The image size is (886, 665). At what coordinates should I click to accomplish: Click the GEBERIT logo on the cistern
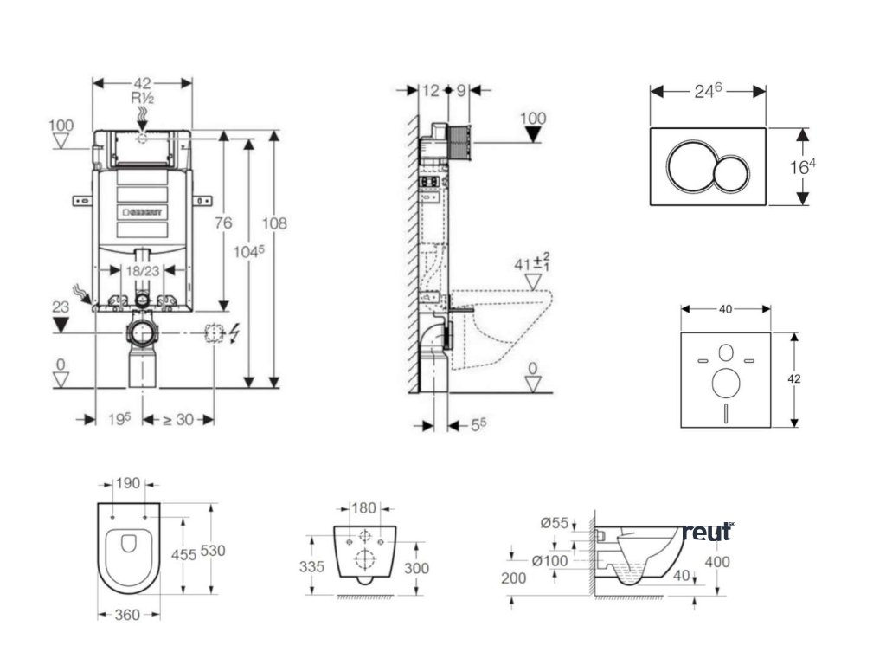(149, 210)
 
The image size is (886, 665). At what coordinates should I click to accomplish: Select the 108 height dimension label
(275, 223)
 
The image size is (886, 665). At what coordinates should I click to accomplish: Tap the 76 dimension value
(223, 223)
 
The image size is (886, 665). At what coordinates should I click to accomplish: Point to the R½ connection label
(143, 99)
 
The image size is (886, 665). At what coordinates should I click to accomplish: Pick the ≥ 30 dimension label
(178, 419)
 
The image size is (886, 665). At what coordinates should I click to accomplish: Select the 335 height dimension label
(313, 566)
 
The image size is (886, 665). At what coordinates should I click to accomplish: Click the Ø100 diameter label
(549, 561)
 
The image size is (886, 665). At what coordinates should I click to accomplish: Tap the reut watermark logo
(708, 531)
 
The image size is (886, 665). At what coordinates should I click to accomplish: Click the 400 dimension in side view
(717, 562)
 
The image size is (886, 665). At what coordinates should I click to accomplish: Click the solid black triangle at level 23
(61, 326)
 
